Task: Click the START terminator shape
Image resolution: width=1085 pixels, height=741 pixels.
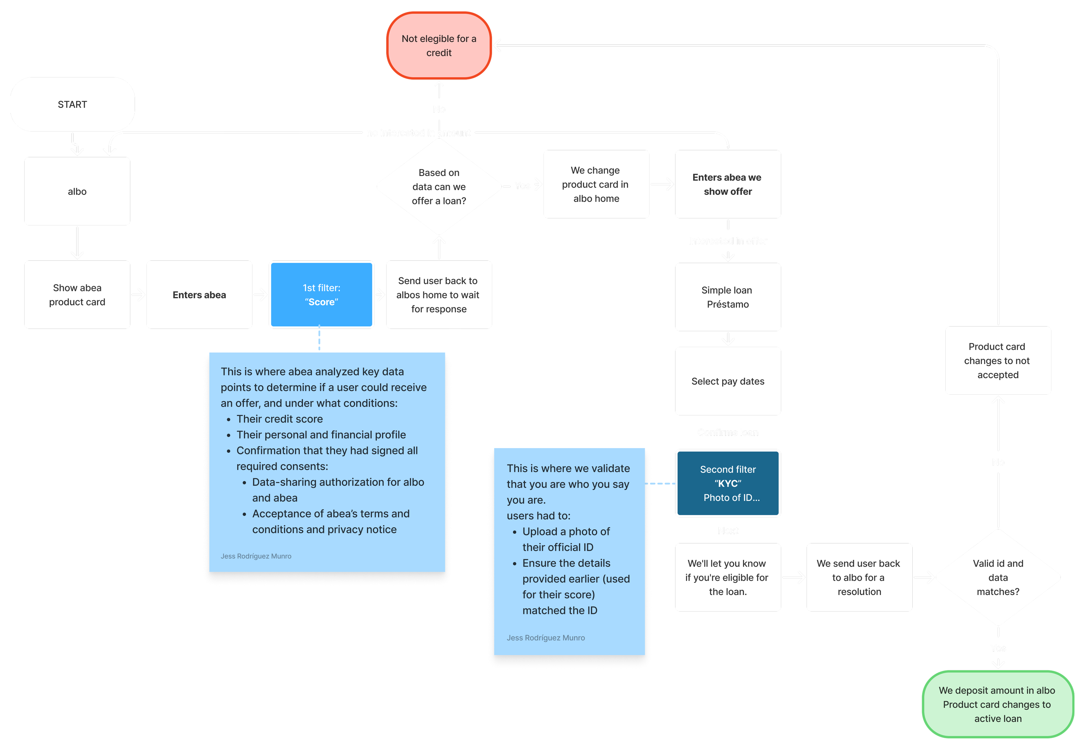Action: coord(72,104)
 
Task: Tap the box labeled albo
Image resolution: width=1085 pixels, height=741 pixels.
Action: coord(77,191)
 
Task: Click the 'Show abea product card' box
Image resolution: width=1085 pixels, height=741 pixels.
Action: coord(77,295)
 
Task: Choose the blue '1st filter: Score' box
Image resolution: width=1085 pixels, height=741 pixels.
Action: coord(322,295)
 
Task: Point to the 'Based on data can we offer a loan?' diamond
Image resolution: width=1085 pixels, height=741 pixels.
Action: coord(439,187)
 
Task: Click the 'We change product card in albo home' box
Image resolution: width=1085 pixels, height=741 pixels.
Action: coord(596,184)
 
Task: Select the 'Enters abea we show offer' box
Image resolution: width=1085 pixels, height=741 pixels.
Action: coord(727,184)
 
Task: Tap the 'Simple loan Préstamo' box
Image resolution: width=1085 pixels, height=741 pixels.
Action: coord(727,297)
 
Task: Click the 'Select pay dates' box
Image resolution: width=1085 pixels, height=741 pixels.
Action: coord(727,381)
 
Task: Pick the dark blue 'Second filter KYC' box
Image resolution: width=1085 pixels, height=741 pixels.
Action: coord(727,483)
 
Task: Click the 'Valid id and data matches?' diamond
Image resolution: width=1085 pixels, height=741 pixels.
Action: coord(998,578)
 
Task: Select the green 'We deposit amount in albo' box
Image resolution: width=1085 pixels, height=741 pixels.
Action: coord(998,704)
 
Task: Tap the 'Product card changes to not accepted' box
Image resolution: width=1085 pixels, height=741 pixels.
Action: coord(998,361)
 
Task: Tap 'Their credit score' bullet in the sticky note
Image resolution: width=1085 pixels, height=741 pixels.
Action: coord(279,419)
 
